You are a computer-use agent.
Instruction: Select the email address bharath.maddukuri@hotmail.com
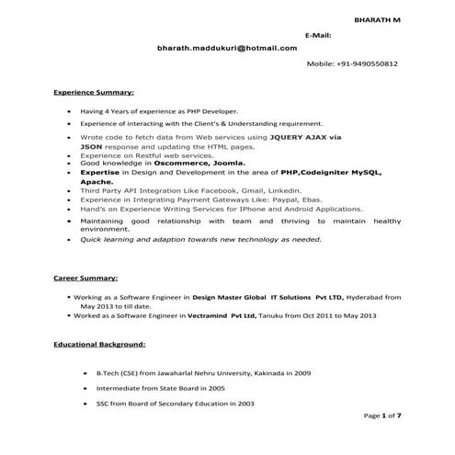pyautogui.click(x=227, y=48)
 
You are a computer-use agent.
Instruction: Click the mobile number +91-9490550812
pyautogui.click(x=352, y=64)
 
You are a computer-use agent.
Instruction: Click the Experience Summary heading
pyautogui.click(x=94, y=93)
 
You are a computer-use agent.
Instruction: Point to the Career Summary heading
pyautogui.click(x=85, y=278)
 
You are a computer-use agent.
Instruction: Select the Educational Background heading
pyautogui.click(x=98, y=344)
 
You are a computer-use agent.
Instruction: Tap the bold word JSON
pyautogui.click(x=91, y=146)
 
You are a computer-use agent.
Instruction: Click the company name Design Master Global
pyautogui.click(x=234, y=298)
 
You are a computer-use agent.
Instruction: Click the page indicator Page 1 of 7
pyautogui.click(x=382, y=415)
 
